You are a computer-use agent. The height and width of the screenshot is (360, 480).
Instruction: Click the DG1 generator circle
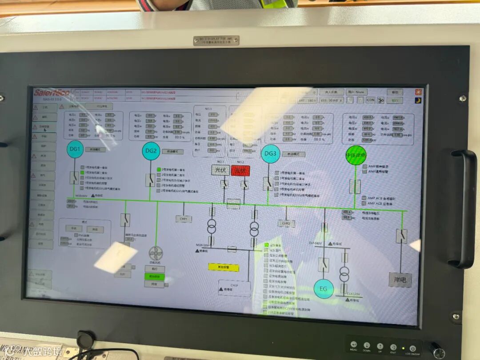[x=75, y=149]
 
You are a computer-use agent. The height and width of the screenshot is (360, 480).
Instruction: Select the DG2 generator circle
[x=151, y=151]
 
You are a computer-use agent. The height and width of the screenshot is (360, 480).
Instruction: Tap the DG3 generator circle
[x=270, y=154]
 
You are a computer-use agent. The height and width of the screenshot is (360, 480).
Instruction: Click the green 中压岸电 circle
[x=356, y=156]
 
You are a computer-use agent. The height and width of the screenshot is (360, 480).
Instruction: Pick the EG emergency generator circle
[x=324, y=289]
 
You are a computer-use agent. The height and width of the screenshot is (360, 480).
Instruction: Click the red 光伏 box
[x=240, y=171]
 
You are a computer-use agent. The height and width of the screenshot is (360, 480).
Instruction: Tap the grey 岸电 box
[x=400, y=280]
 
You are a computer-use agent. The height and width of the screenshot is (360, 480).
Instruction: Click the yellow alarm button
[x=224, y=267]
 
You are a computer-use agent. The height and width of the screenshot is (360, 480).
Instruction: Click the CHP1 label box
[x=184, y=219]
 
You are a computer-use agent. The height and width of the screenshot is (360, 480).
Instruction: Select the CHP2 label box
[x=286, y=223]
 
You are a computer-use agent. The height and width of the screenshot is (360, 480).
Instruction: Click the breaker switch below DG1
[x=74, y=178]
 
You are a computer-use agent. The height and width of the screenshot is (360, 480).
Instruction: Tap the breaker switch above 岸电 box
[x=401, y=236]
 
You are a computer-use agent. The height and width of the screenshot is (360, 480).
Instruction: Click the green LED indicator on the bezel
[x=403, y=347]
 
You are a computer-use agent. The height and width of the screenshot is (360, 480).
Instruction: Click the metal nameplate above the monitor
[x=216, y=40]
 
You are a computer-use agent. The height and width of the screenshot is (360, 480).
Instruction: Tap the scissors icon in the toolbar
[x=381, y=100]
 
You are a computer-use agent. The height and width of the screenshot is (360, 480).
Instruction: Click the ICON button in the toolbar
[x=370, y=100]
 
